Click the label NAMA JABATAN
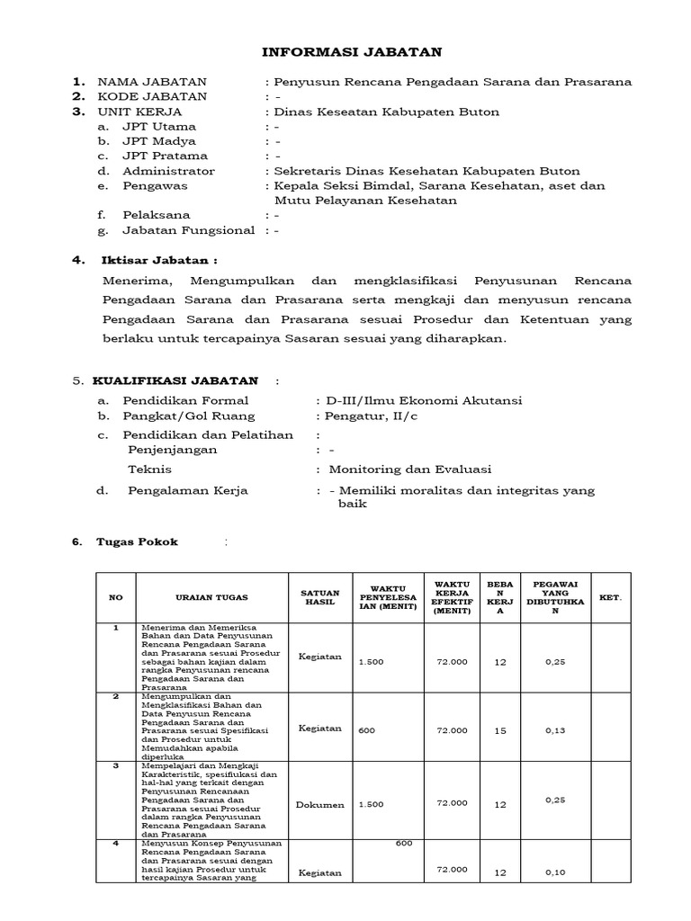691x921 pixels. tap(152, 82)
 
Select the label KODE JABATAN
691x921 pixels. tap(152, 96)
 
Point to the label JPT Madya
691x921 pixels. tap(159, 141)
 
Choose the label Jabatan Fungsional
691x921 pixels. tap(189, 230)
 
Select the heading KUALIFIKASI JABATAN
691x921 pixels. tap(178, 381)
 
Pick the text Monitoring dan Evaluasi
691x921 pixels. tap(410, 469)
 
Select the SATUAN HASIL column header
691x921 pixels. tap(319, 597)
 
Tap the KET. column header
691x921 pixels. tap(610, 597)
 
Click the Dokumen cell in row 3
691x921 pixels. tap(319, 804)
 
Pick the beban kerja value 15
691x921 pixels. tap(500, 731)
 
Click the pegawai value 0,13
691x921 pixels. tap(554, 730)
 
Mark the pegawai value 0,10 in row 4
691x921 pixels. tap(554, 872)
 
